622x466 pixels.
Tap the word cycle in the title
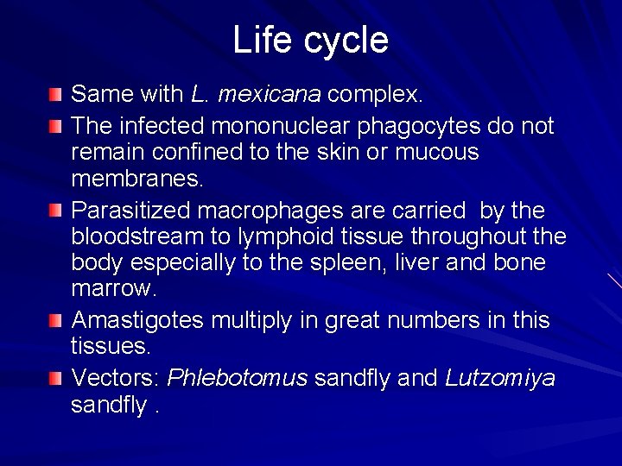click(343, 41)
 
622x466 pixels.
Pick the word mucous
click(436, 153)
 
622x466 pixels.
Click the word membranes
click(136, 179)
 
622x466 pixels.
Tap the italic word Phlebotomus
click(237, 378)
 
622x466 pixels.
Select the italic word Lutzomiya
click(500, 378)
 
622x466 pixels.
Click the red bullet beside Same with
click(55, 92)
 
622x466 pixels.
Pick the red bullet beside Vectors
click(55, 377)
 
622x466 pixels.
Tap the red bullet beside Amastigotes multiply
click(55, 320)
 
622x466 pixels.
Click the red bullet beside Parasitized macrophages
click(55, 210)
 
